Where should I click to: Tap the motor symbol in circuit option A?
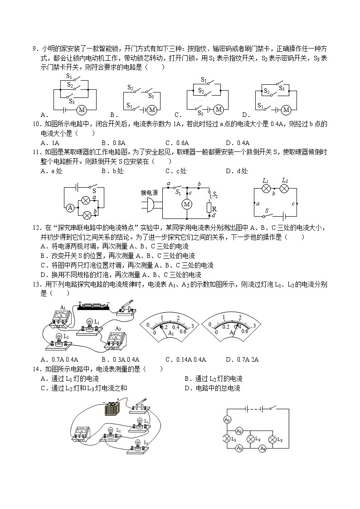tap(82, 110)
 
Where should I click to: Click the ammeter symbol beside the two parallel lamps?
tap(70, 208)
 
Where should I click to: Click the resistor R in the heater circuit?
tap(209, 208)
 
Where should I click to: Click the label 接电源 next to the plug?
tap(149, 193)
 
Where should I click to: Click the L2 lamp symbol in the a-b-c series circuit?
tap(284, 189)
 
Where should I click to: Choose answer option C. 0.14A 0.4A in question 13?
tap(185, 359)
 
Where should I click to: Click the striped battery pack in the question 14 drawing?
tap(112, 409)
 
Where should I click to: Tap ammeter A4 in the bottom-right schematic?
tap(262, 449)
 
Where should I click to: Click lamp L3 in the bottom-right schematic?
tap(272, 439)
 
